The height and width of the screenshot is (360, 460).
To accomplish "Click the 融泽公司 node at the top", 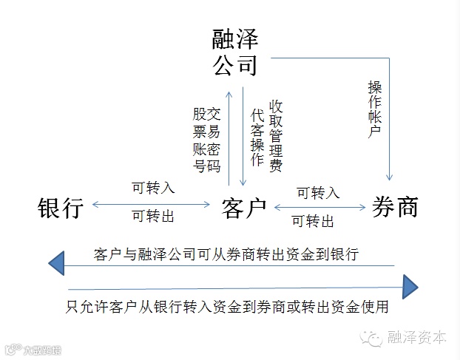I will point(235,51).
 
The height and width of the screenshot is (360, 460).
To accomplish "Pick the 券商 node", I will point(395,207).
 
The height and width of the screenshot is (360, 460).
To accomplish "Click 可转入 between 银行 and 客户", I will point(153,188).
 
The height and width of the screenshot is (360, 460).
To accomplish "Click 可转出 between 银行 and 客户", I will point(153,217).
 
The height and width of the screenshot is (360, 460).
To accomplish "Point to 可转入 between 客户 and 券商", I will point(318,193).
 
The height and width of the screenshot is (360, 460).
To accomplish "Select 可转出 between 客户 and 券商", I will point(313,221).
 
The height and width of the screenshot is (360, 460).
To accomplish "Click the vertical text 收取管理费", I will point(276,135).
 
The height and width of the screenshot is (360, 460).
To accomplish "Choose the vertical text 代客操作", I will point(257,137).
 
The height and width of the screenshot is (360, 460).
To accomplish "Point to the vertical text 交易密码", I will point(214,140).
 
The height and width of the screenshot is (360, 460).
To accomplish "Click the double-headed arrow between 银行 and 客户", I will point(152,203).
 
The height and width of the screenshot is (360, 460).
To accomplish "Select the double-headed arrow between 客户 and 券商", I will point(319,208).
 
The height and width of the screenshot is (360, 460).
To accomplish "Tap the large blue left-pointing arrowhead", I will point(58,261).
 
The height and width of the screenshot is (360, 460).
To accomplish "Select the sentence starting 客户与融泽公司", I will point(227,255).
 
